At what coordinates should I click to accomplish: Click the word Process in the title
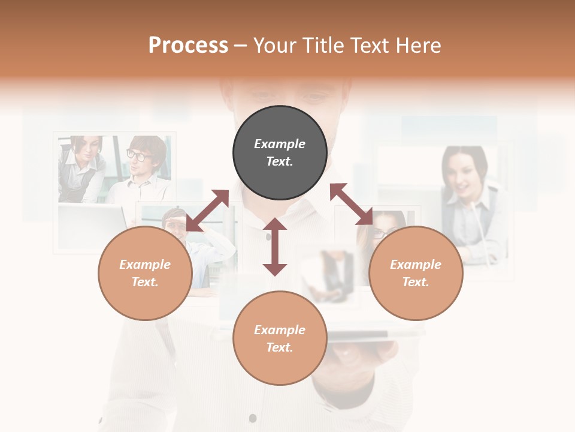188,46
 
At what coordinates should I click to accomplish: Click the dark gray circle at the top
280,153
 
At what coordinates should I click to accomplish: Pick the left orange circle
145,273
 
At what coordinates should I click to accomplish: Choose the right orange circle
416,273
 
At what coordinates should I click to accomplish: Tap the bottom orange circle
280,338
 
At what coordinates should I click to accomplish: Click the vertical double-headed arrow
275,247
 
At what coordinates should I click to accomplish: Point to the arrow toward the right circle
352,204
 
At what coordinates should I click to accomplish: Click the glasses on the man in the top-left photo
138,155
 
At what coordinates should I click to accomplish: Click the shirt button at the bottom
253,418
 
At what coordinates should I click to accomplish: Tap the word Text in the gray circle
279,161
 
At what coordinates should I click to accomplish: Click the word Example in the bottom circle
280,329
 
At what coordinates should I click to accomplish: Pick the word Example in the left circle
145,265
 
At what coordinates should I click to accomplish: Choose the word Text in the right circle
415,282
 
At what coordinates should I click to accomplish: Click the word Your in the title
275,46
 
